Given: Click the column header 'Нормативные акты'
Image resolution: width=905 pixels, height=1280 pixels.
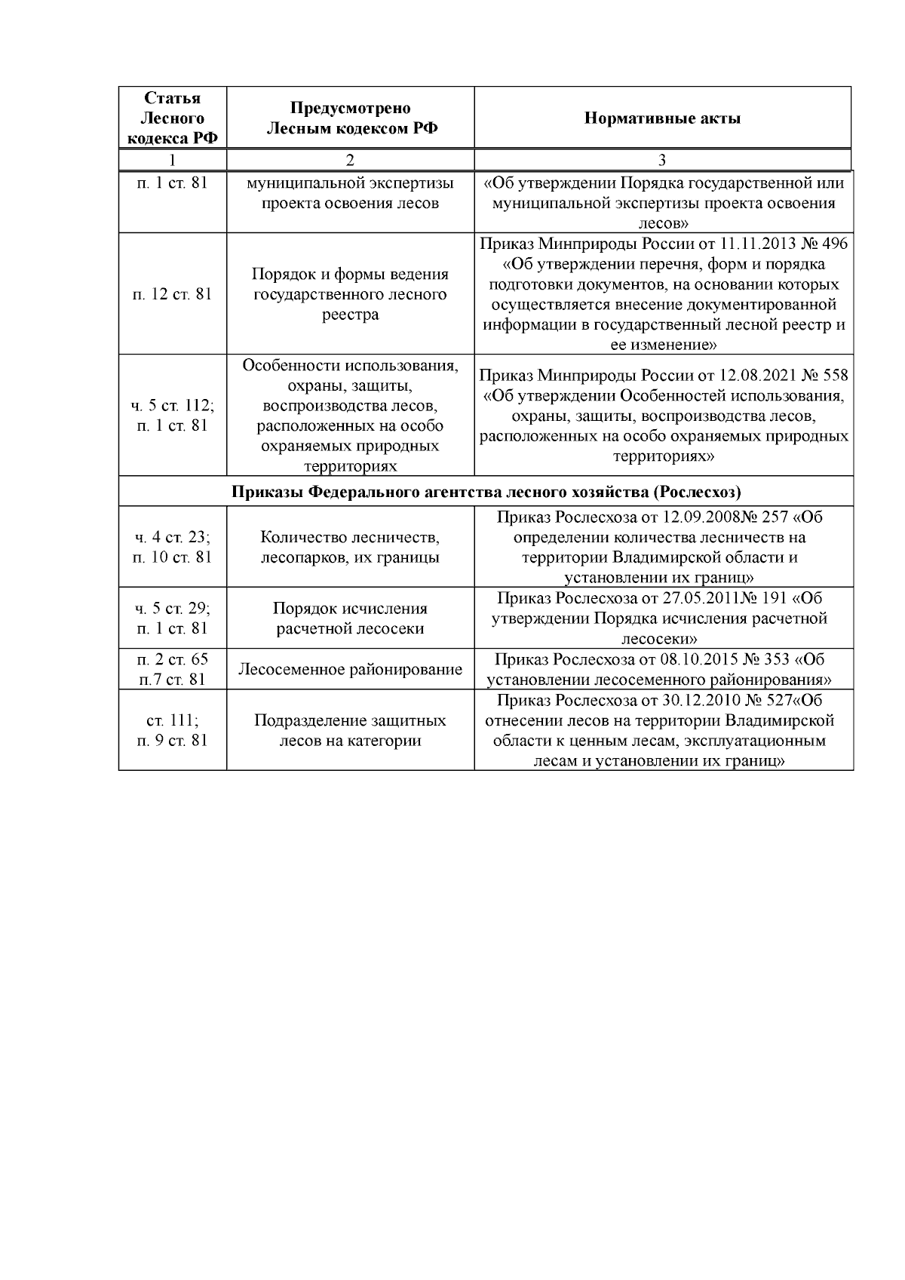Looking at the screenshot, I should coord(662,118).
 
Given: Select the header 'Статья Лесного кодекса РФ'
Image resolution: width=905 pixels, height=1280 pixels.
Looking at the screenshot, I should coord(173,118).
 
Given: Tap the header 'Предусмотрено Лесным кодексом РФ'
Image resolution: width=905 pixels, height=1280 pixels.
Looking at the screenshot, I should coord(350,118).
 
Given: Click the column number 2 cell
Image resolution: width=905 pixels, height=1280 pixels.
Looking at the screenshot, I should coord(350,160).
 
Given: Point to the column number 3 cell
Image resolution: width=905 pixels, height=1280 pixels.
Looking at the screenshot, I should coord(662,160).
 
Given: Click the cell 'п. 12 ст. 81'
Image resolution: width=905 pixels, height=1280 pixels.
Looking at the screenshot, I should coord(173,294).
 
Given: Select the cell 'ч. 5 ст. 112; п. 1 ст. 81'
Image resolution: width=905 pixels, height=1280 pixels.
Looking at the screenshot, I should coord(173,416).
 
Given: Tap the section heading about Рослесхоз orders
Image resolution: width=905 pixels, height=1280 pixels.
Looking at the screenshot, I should coord(486,492).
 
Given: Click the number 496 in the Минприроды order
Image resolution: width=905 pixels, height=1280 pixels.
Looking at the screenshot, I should coord(833,244).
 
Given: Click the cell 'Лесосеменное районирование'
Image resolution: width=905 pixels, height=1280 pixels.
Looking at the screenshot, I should coord(350,670).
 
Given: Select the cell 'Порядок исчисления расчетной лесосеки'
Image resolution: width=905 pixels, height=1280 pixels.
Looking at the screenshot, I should coord(350,619).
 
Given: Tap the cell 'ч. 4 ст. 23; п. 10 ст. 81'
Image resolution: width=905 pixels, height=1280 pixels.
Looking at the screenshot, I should coord(173,548).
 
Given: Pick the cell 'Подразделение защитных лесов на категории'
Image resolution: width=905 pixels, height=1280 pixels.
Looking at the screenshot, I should coord(350,731).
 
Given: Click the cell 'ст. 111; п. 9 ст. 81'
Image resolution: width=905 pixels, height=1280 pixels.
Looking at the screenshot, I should coord(173,731).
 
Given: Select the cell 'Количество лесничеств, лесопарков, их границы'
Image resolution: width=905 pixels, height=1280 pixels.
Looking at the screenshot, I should coord(350,548).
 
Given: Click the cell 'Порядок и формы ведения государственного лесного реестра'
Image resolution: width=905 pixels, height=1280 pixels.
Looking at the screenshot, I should coord(350,294).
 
